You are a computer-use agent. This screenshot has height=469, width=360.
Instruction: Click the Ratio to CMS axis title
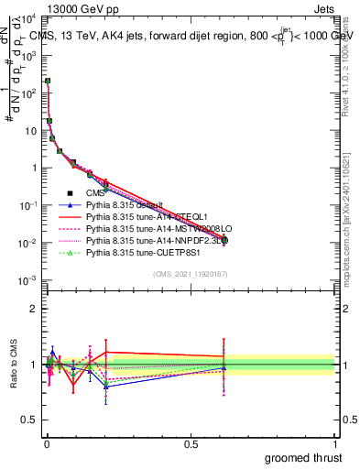click(12, 364)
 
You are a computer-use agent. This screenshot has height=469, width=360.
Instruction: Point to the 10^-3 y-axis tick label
click(27, 279)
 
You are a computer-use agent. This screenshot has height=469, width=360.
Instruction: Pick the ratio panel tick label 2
click(32, 309)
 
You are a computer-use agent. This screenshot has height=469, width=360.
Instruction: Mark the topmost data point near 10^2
click(48, 81)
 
